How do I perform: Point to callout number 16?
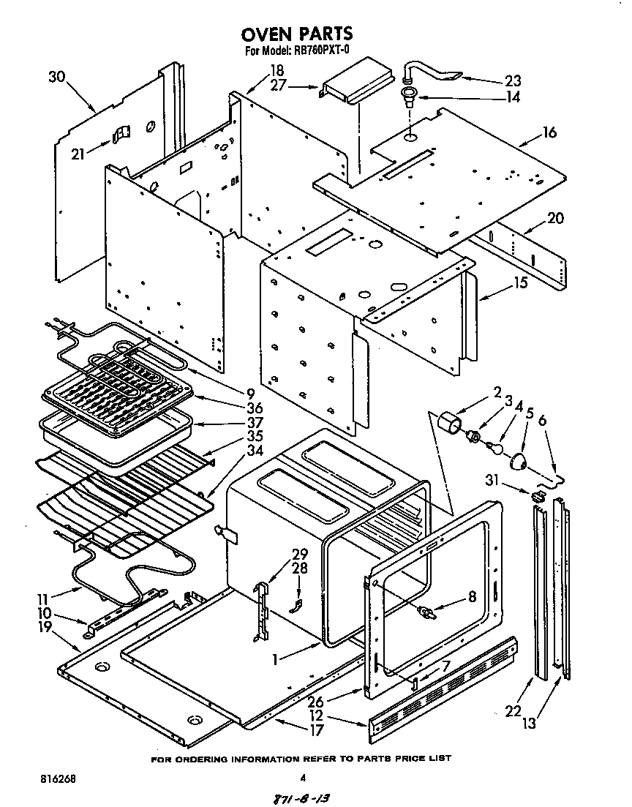point(549,132)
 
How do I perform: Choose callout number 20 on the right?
point(555,218)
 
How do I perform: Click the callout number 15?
point(520,282)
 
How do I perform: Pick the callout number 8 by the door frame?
point(472,596)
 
